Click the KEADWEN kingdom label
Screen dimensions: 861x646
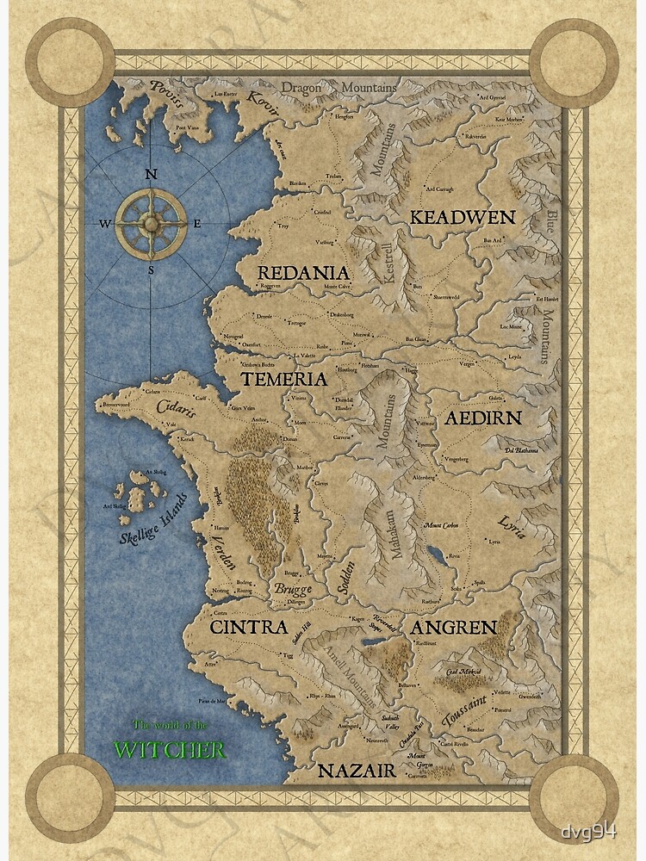coord(462,217)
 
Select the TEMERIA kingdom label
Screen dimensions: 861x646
coord(283,379)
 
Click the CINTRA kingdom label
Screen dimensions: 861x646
coord(248,628)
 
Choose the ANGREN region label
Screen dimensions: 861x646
coord(453,627)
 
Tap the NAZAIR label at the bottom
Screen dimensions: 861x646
coord(356,771)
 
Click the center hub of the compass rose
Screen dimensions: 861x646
coord(151,223)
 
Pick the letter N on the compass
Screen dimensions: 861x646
coord(151,174)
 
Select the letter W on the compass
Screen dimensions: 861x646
coord(105,224)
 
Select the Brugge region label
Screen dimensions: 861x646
coord(293,590)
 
